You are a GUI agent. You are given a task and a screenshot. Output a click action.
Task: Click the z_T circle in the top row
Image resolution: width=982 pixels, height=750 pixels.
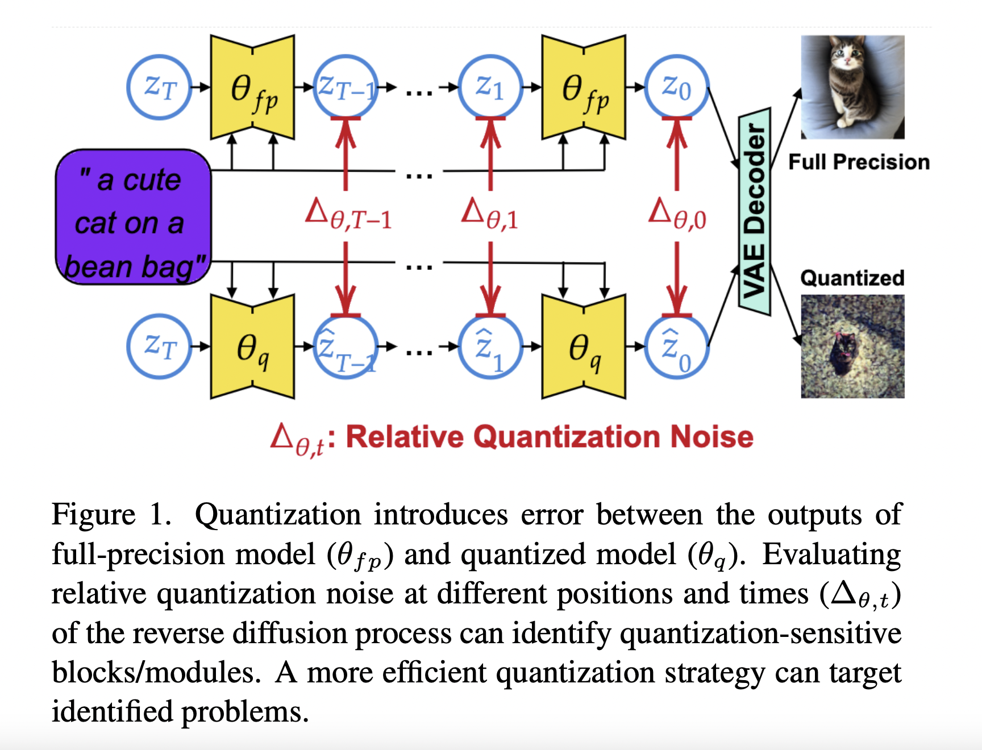pyautogui.click(x=160, y=87)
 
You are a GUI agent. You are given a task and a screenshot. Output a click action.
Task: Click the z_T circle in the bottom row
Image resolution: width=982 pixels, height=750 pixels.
pyautogui.click(x=160, y=346)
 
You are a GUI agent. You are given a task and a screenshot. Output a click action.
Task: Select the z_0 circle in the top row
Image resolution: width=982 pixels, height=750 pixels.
pyautogui.click(x=676, y=87)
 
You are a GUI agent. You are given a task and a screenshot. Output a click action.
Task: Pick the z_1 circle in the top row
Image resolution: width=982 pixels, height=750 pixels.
pyautogui.click(x=490, y=87)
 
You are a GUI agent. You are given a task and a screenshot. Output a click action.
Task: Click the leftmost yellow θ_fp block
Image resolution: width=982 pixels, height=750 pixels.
pyautogui.click(x=252, y=87)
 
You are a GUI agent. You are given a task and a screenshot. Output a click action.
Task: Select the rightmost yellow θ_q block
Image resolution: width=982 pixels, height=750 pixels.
pyautogui.click(x=584, y=347)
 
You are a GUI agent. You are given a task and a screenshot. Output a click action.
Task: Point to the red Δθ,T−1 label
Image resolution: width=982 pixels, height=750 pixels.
pyautogui.click(x=348, y=215)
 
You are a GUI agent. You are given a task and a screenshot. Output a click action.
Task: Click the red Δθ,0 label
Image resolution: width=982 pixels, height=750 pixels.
pyautogui.click(x=677, y=215)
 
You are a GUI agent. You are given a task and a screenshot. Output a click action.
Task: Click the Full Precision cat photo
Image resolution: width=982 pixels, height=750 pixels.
pyautogui.click(x=852, y=87)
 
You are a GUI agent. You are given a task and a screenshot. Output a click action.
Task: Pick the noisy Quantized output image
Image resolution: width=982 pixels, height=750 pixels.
pyautogui.click(x=852, y=346)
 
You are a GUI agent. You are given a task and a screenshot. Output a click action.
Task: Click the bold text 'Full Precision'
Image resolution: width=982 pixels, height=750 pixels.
pyautogui.click(x=859, y=162)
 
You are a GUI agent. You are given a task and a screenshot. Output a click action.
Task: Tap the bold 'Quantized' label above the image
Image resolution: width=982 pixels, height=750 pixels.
pyautogui.click(x=852, y=278)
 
